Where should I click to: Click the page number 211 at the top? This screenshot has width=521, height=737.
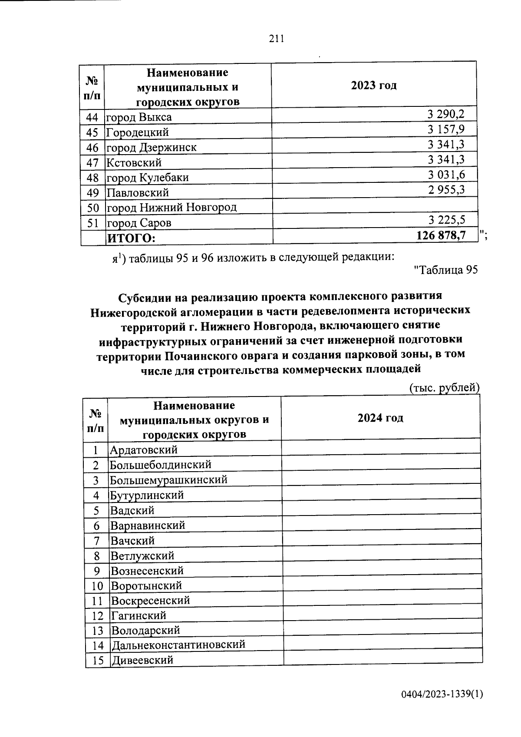click(x=276, y=39)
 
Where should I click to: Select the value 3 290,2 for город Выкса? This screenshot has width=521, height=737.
click(x=445, y=114)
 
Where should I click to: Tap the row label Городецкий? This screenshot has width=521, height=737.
click(x=138, y=132)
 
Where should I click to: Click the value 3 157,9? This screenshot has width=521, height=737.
click(x=445, y=129)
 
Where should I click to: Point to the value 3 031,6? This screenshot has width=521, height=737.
click(x=445, y=175)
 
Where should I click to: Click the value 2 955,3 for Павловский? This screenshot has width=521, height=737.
click(x=445, y=190)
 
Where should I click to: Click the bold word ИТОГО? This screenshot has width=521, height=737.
click(x=131, y=238)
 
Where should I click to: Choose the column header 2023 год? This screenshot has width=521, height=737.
click(x=374, y=85)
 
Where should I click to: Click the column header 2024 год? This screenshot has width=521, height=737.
click(x=380, y=418)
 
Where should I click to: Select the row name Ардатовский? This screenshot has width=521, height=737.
click(x=143, y=450)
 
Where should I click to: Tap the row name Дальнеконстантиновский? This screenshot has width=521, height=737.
click(x=178, y=644)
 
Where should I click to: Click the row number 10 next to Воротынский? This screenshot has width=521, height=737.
click(x=97, y=586)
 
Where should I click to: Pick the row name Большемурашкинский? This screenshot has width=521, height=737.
click(x=168, y=480)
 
